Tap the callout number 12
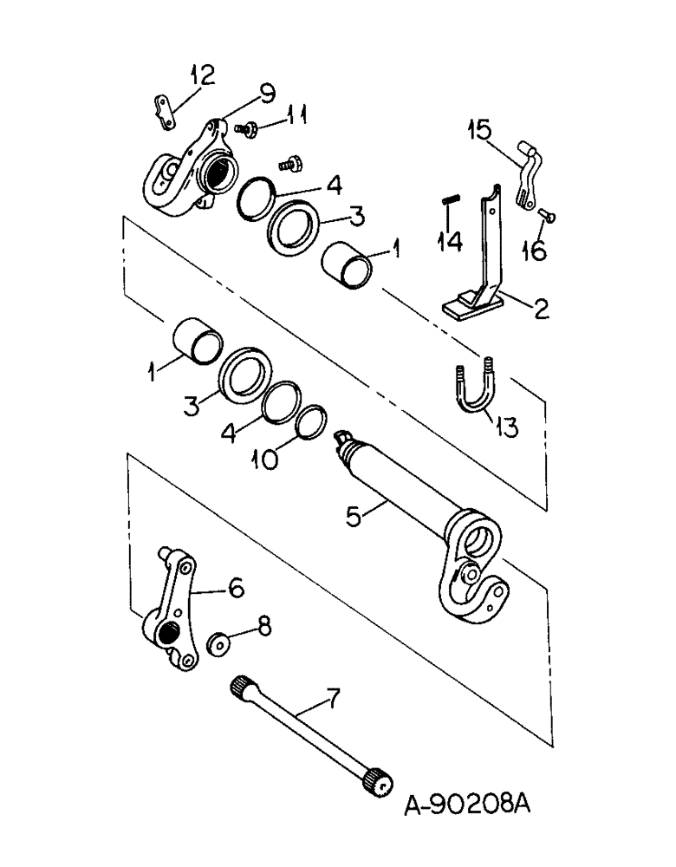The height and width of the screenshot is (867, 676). click(x=200, y=76)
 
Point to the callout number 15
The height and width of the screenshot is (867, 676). click(x=479, y=131)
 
